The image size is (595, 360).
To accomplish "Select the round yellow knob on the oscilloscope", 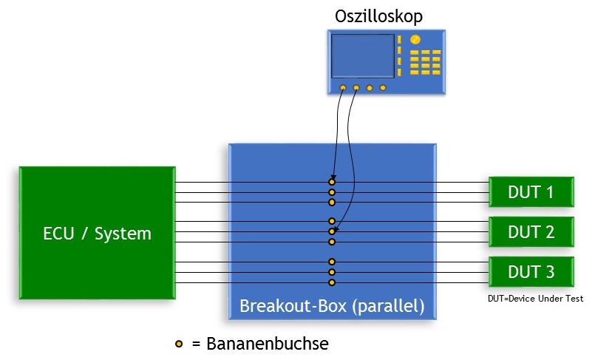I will tap(415, 39).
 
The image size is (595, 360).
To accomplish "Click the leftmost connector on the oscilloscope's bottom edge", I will tap(343, 89).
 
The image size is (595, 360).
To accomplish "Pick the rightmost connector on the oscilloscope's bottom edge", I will tap(383, 89).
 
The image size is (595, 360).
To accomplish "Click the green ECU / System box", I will tap(97, 233).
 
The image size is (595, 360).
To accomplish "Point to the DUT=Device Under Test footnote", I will tap(535, 299).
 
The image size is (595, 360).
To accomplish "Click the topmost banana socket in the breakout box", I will tap(332, 182).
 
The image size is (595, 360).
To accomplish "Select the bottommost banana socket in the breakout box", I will tap(332, 282).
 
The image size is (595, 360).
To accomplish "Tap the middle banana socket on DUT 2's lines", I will tap(332, 231).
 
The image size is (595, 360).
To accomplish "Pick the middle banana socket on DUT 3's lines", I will tap(332, 271).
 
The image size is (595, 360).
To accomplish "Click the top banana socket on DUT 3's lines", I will tap(332, 261).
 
